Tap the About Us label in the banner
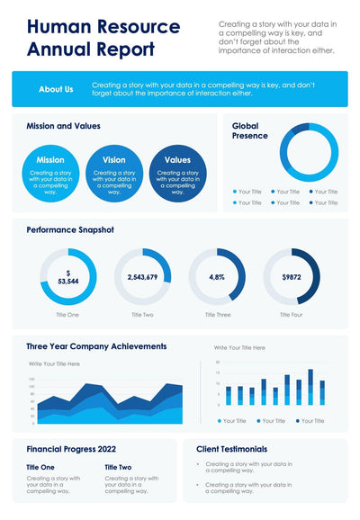point(56,89)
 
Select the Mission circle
point(50,173)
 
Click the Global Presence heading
point(250,131)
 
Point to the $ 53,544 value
point(67,277)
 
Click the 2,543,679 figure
point(142,277)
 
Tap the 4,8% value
point(217,277)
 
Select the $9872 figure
point(291,277)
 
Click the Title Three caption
point(218,315)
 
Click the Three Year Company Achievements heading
point(96,345)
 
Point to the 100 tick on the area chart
point(31,379)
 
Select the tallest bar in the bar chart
point(310,387)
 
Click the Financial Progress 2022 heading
point(70,448)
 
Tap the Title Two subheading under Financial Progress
point(118,467)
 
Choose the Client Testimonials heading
point(231,448)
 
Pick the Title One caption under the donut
point(67,315)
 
